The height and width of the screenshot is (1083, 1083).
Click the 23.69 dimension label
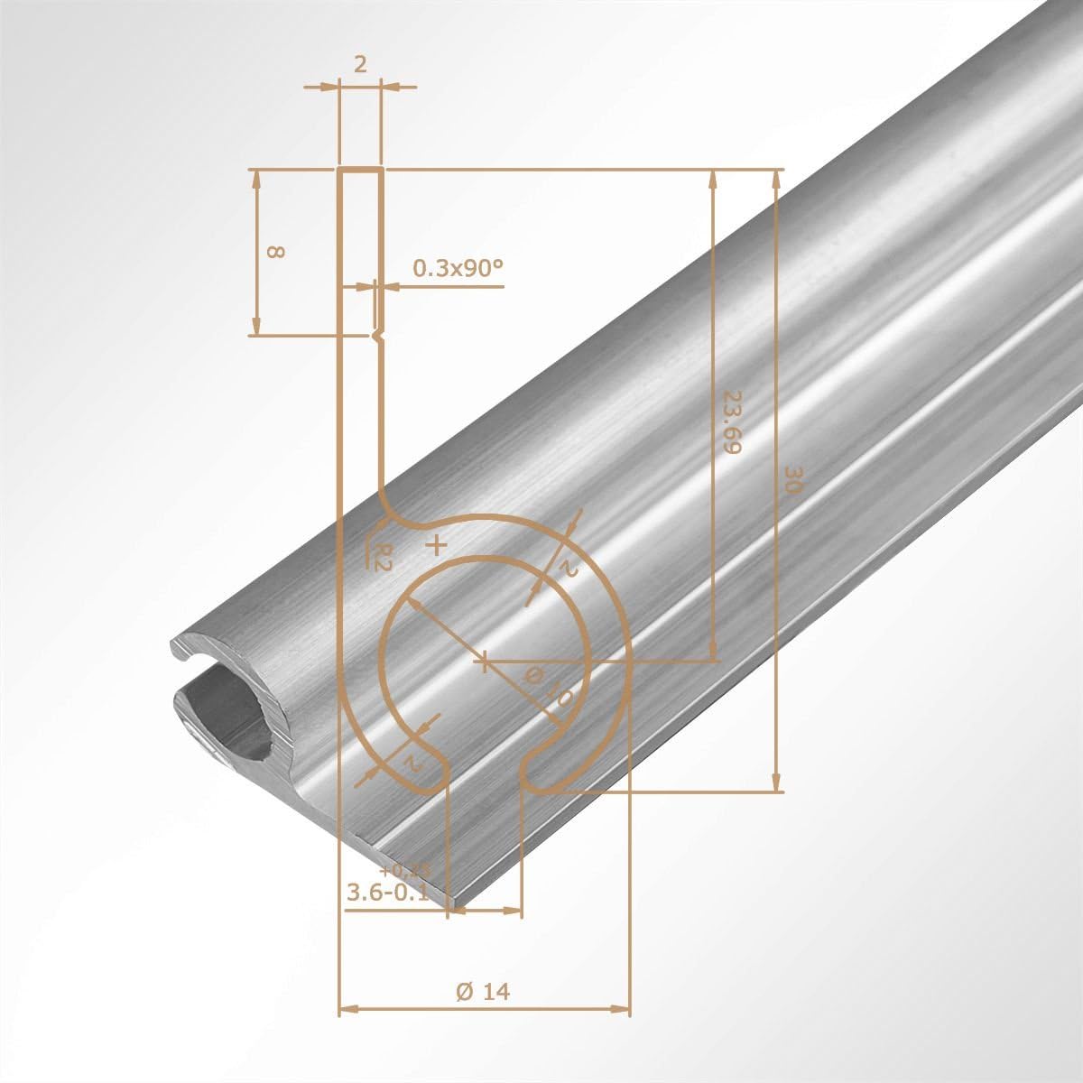tap(731, 421)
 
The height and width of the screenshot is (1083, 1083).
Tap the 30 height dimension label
tap(792, 478)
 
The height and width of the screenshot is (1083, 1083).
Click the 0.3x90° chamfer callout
tap(457, 268)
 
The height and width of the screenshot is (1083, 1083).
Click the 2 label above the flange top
tap(359, 65)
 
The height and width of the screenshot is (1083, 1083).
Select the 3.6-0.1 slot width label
tap(390, 892)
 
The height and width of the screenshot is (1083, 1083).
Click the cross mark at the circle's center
tap(485, 662)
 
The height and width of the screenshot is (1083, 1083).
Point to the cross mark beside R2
tap(437, 545)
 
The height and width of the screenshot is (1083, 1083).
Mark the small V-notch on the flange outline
tap(379, 336)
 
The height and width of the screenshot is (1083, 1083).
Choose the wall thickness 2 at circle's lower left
tap(411, 764)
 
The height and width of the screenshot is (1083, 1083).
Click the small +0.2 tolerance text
tap(406, 871)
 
